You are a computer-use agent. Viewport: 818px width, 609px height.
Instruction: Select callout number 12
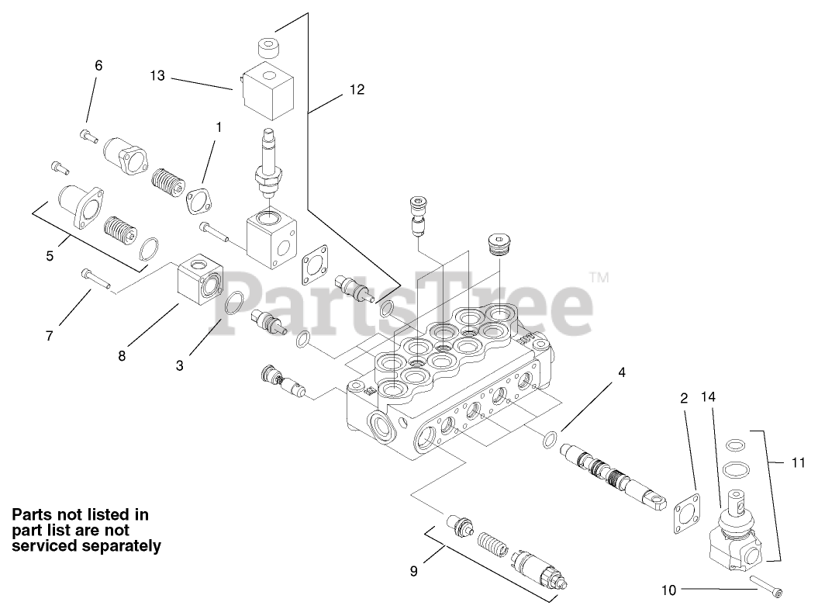[356, 90]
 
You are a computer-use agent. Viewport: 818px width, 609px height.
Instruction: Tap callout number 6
[98, 66]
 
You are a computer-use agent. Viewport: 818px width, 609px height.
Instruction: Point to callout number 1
[218, 126]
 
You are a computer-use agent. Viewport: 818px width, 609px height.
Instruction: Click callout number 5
[50, 254]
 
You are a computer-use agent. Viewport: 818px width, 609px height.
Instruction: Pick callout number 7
[49, 336]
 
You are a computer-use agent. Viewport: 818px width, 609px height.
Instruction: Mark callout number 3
[179, 365]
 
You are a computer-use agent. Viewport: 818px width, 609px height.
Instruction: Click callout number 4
[621, 372]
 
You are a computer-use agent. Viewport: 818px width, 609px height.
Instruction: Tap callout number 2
[684, 399]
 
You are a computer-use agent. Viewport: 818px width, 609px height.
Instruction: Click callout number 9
[413, 572]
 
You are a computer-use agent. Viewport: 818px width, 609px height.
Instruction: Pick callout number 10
[668, 590]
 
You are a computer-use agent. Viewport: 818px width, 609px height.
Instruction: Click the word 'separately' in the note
[117, 546]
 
